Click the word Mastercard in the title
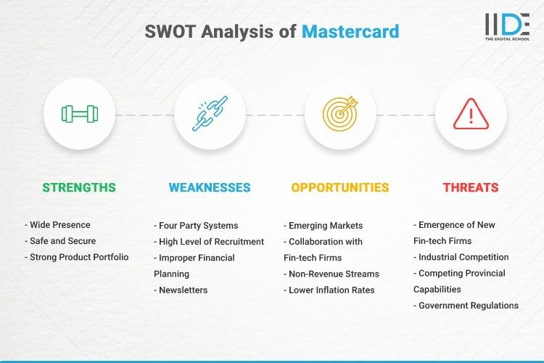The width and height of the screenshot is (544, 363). [x=350, y=32]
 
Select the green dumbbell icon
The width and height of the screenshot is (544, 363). [x=79, y=114]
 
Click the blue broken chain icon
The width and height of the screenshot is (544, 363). [x=210, y=114]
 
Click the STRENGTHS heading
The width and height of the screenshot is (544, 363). [x=79, y=187]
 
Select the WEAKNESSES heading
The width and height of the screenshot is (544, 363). [x=210, y=187]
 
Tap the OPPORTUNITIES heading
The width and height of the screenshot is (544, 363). [x=340, y=187]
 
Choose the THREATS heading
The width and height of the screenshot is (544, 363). [x=471, y=187]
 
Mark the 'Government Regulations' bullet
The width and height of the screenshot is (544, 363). [x=466, y=306]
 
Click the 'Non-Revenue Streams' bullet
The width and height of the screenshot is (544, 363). [x=331, y=274]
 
